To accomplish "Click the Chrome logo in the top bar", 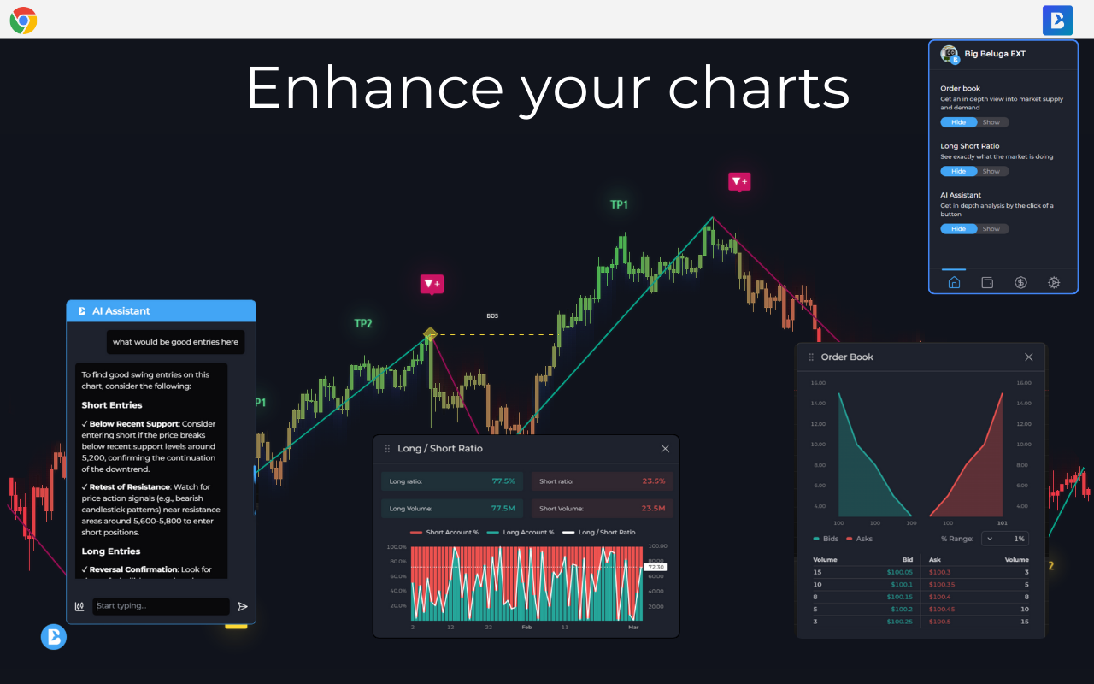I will tap(23, 20).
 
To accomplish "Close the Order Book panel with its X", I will tap(1028, 357).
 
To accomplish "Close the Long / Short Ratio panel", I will tap(665, 449).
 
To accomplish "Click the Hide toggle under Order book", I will tap(958, 122).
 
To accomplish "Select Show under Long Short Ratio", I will tap(991, 171).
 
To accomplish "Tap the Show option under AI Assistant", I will tap(991, 229).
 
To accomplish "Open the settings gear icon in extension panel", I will tap(1054, 283).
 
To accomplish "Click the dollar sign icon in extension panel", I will tap(1020, 283).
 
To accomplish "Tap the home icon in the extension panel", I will tap(954, 283).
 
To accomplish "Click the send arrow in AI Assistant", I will tap(243, 606).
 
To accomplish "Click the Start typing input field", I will tap(161, 606).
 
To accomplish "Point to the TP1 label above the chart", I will tap(619, 205).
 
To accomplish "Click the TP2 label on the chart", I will tap(363, 324).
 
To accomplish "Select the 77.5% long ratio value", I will tap(503, 481).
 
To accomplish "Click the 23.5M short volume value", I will tap(653, 509).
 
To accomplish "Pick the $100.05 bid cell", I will tap(899, 572).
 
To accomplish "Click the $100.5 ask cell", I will tap(939, 622).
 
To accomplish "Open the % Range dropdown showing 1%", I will tap(1004, 539).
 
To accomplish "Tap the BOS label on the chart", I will tap(492, 316).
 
